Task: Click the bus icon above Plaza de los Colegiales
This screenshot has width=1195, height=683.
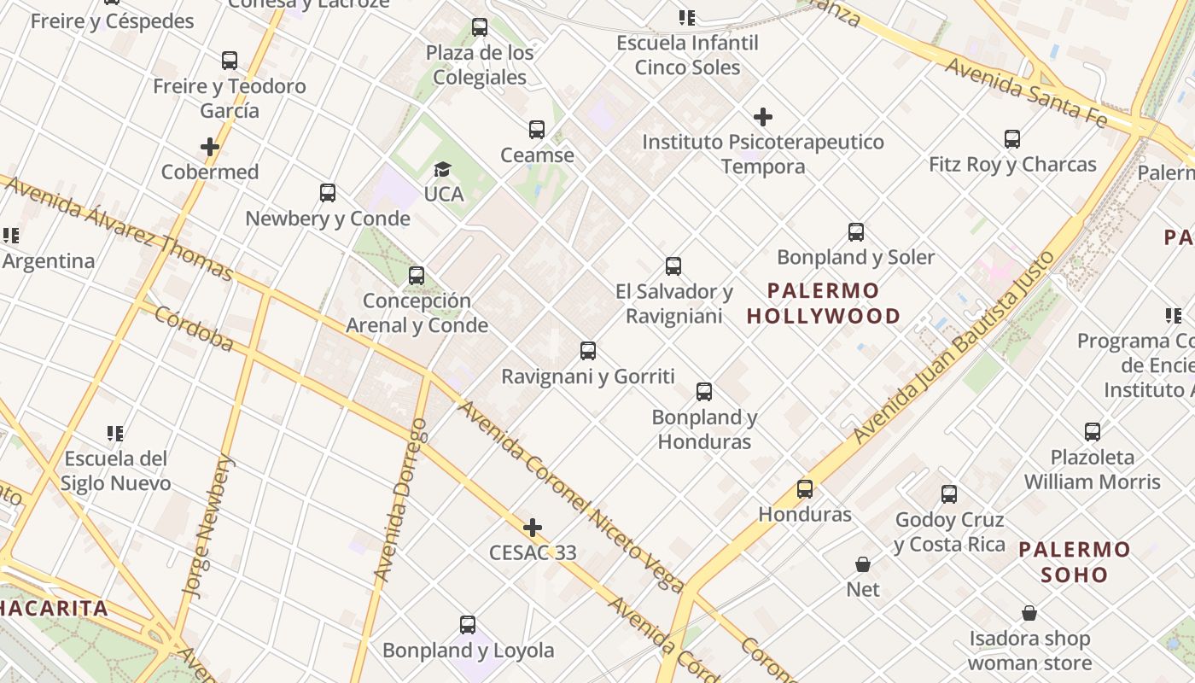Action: (x=480, y=27)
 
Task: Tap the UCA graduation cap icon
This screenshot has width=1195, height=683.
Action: (x=442, y=169)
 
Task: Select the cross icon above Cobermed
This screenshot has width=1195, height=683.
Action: (x=210, y=147)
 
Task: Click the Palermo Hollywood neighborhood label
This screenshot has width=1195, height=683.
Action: (x=824, y=303)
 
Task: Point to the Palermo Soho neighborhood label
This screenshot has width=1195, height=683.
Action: (x=1075, y=561)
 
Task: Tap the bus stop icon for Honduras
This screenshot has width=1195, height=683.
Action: (x=805, y=489)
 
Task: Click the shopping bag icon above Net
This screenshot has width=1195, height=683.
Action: (x=863, y=564)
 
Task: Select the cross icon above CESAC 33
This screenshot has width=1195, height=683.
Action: (x=533, y=528)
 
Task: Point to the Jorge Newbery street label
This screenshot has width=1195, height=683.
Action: (x=207, y=524)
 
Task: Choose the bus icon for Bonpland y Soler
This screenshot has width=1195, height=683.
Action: (x=856, y=232)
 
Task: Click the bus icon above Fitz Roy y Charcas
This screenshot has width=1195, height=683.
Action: (x=1012, y=139)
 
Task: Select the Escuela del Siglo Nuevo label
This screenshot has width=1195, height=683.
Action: (x=115, y=470)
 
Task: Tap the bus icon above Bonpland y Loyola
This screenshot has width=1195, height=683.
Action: (x=468, y=625)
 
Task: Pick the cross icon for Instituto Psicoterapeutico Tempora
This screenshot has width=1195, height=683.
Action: (x=763, y=117)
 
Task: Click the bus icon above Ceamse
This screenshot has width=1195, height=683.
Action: (x=537, y=130)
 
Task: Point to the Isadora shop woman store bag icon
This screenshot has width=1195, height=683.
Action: (x=1029, y=614)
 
